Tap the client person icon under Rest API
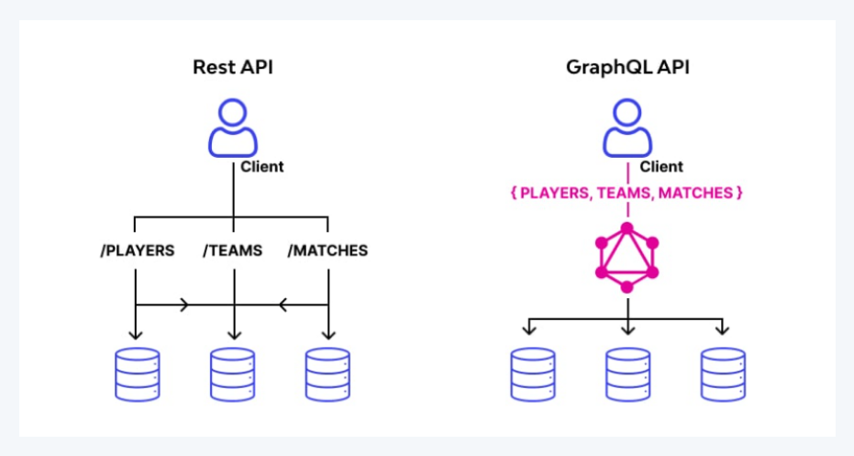[x=232, y=128]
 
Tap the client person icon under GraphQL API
[x=627, y=128]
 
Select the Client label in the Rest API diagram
[x=262, y=167]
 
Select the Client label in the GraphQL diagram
[x=661, y=167]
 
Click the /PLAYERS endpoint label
[x=137, y=250]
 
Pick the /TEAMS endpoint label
[x=232, y=250]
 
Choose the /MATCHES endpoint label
[x=327, y=250]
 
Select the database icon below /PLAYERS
[x=138, y=373]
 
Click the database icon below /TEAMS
[x=232, y=373]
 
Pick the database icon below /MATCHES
[x=327, y=373]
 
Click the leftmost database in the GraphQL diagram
[x=532, y=373]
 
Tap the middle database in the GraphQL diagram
[x=627, y=373]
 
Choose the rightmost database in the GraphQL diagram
[x=723, y=373]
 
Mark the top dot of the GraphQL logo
[x=627, y=227]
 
